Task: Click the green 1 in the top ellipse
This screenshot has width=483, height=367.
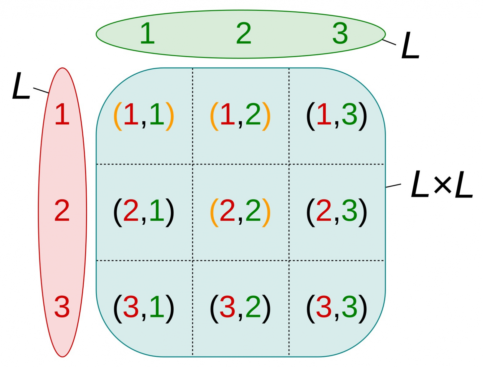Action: point(147,33)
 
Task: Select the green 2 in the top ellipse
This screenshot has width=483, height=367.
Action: point(243,33)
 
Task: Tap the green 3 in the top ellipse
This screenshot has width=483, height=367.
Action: point(340,33)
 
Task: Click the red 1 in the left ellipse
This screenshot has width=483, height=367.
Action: point(62,114)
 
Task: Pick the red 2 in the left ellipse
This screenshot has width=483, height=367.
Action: point(62,211)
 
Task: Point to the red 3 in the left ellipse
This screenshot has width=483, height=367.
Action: point(62,307)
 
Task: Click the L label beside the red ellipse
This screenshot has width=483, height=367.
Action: point(21,86)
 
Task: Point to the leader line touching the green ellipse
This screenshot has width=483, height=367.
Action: point(389,42)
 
